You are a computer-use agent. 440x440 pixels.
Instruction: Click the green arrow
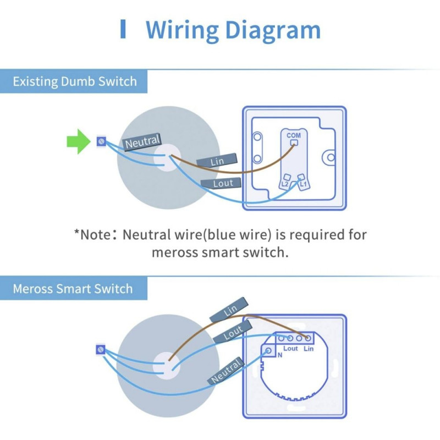click(x=78, y=141)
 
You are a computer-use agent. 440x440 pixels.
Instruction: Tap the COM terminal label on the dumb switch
click(x=294, y=135)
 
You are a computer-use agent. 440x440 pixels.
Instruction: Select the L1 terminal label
click(x=304, y=184)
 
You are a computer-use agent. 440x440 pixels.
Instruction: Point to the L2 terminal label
click(x=285, y=184)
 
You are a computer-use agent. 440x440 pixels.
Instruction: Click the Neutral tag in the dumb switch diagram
click(x=142, y=142)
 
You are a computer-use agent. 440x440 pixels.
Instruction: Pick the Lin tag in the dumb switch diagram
click(x=217, y=161)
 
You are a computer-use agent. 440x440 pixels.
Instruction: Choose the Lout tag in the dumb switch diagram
click(x=222, y=183)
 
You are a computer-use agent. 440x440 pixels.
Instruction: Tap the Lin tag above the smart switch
click(x=229, y=310)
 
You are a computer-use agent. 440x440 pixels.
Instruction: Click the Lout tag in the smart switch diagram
click(x=233, y=332)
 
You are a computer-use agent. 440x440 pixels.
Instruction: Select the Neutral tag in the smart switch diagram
click(x=226, y=371)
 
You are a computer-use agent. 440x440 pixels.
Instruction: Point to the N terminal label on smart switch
click(x=280, y=355)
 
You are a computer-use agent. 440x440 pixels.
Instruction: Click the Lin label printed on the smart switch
click(x=309, y=349)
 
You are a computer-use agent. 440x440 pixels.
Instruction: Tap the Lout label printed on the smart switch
click(x=290, y=349)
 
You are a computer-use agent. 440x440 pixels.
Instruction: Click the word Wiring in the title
click(x=182, y=31)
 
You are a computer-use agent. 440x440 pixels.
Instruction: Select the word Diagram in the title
click(x=273, y=31)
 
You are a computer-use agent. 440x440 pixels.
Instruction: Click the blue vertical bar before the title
click(x=123, y=29)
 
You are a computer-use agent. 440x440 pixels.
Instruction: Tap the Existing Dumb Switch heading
click(x=75, y=81)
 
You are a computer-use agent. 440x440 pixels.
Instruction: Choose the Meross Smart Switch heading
click(x=73, y=289)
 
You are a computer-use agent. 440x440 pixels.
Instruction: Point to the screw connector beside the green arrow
click(x=101, y=141)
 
